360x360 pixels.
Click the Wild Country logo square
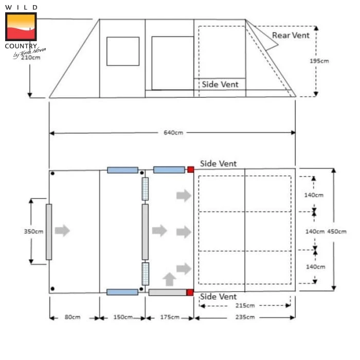coord(21,27)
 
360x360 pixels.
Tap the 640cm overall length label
coord(173,133)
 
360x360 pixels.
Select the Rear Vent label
coord(291,35)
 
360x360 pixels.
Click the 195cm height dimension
coord(319,61)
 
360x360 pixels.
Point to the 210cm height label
coord(31,58)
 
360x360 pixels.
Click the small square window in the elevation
coord(123,51)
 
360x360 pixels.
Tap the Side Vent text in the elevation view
coord(220,84)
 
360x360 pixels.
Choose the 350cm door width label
coord(33,231)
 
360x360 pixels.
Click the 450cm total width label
coord(336,231)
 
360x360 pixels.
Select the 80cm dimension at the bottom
coord(73,317)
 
